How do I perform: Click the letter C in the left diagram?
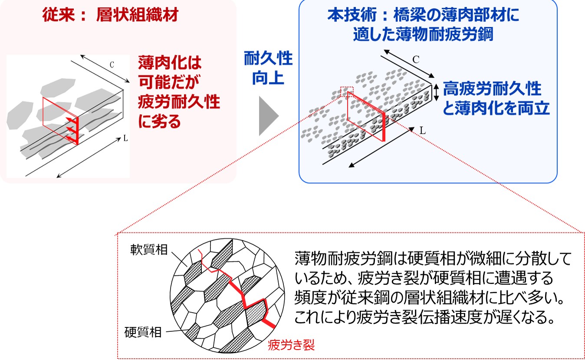(112, 65)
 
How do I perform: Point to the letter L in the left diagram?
(125, 139)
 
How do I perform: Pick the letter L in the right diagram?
(422, 130)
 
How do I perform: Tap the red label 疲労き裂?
(291, 345)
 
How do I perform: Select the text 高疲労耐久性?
(492, 89)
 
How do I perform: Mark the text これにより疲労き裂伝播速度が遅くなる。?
(424, 317)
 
